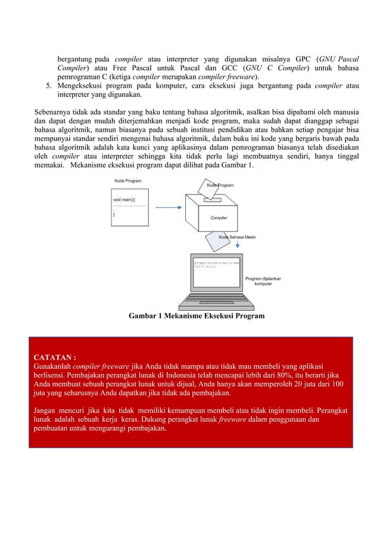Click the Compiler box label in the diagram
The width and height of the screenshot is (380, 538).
[x=218, y=218]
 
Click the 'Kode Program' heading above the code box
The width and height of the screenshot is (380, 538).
[x=127, y=180]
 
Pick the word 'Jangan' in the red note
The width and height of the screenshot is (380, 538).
[x=46, y=411]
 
